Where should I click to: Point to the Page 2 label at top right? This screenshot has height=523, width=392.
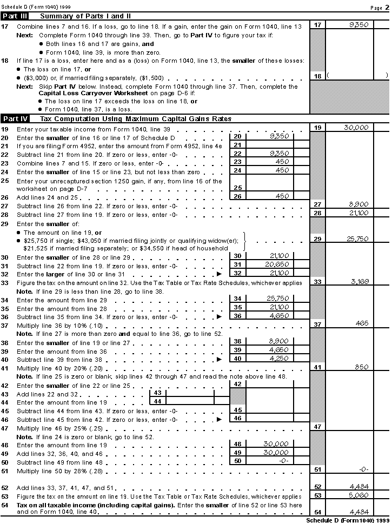tap(376, 7)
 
